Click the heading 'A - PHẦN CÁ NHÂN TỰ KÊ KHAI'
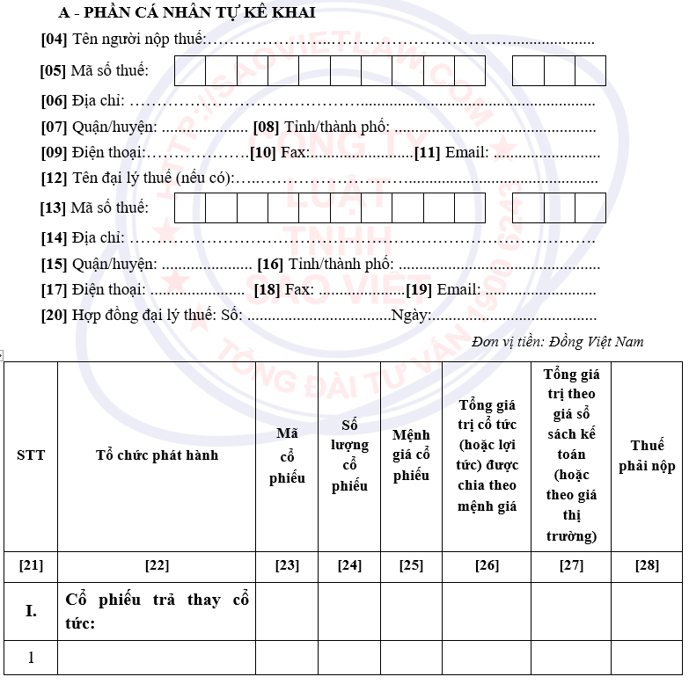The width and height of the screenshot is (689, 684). click(187, 13)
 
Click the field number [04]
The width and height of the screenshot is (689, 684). click(54, 40)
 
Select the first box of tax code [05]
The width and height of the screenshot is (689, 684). click(190, 70)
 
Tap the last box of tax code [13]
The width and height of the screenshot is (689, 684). click(590, 207)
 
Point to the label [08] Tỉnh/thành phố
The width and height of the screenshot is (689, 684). click(321, 127)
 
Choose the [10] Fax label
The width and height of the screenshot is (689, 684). click(277, 152)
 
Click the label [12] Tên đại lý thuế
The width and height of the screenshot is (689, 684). click(136, 178)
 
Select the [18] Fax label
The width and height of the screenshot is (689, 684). click(283, 289)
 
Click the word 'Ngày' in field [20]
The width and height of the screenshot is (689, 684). click(409, 316)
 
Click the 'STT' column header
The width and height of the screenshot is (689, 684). click(31, 455)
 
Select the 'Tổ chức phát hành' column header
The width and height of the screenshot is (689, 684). click(157, 455)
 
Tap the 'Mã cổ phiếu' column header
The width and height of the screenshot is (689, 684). click(287, 455)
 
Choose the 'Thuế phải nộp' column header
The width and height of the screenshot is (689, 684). click(647, 455)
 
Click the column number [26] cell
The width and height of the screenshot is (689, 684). click(487, 565)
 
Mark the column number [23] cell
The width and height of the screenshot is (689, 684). click(287, 565)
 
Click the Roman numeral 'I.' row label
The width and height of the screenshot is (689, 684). click(31, 611)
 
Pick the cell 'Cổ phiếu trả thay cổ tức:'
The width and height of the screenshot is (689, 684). click(157, 611)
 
